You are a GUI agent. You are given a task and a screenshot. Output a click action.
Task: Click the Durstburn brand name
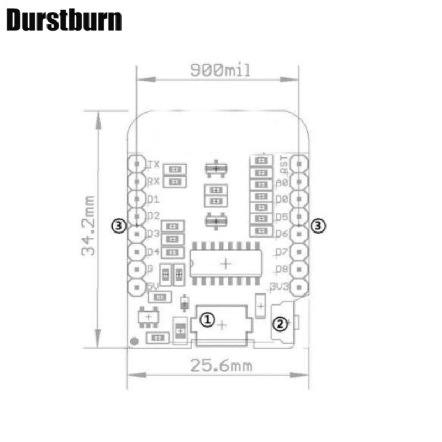coord(64,21)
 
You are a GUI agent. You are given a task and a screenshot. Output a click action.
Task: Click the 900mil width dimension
coord(220,70)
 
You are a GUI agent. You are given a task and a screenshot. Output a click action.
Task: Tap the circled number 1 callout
coord(207,319)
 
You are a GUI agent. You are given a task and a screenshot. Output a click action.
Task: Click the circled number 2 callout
coord(281,323)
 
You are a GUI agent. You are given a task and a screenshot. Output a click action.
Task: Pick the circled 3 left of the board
coord(119,225)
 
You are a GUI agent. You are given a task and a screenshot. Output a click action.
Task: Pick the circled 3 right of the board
coord(318,225)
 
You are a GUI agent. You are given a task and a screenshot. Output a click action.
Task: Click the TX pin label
coord(154,165)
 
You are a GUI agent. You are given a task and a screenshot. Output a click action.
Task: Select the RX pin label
coord(154,182)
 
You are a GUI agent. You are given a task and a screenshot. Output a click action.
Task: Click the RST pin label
coord(283,162)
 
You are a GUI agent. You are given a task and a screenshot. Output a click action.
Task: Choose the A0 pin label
coord(281,183)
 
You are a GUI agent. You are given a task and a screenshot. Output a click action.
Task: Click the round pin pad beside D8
coord(299,270)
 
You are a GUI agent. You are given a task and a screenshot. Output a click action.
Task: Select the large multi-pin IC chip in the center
coord(225,264)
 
